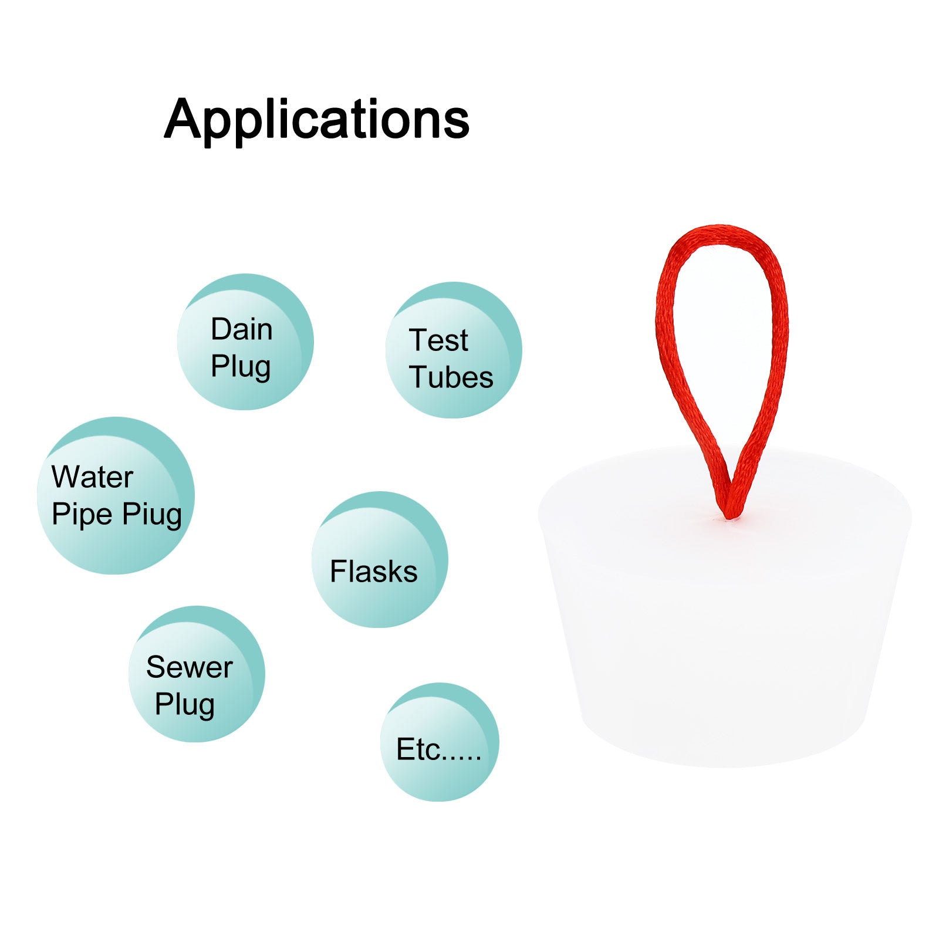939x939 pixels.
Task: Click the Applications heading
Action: point(317,119)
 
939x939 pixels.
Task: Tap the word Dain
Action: point(242,329)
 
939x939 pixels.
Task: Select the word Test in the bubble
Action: point(438,340)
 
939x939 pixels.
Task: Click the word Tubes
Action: point(451,377)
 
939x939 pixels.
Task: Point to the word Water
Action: point(92,477)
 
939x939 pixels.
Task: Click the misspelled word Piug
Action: point(152,515)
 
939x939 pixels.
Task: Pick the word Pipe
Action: point(82,515)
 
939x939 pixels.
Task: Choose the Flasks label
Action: point(374,572)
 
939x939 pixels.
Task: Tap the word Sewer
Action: point(190,667)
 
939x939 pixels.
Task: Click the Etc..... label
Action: point(439,749)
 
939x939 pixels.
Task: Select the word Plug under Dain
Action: point(241,367)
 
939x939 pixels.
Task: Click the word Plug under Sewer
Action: point(185,705)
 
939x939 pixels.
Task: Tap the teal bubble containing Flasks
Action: point(380,559)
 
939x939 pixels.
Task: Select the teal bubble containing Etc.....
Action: point(440,742)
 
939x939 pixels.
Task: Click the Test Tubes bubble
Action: point(454,350)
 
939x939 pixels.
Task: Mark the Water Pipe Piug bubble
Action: point(116,495)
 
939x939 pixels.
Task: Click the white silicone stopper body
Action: point(724,622)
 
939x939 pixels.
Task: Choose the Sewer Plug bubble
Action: point(197,674)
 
